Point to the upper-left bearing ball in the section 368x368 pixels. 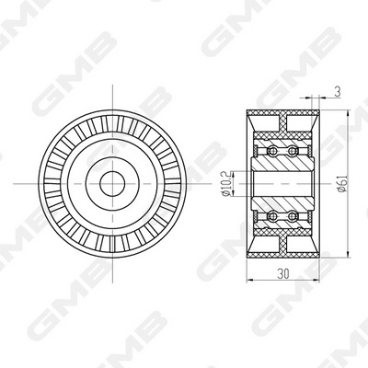coord(272,148)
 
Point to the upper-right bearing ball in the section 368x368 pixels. coord(293,148)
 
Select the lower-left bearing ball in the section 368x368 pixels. coord(272,216)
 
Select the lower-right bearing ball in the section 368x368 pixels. coord(293,216)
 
